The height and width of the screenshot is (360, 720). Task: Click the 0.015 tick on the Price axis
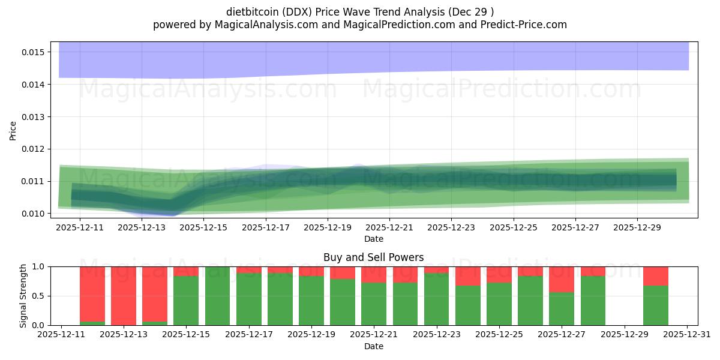[34, 52]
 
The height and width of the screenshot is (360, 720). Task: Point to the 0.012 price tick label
[34, 149]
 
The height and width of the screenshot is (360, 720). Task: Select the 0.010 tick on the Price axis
[34, 214]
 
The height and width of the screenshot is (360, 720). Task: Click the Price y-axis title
[13, 130]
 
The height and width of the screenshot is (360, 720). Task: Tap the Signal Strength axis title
[23, 296]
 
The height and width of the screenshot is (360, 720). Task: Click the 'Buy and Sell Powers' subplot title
[373, 257]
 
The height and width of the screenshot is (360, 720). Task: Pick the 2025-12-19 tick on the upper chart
[328, 228]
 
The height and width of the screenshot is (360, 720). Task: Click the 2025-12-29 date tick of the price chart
[637, 228]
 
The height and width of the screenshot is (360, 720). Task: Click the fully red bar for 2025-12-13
[124, 296]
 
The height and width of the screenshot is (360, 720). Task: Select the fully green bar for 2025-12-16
[217, 296]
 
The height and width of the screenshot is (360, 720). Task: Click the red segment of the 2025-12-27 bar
[562, 280]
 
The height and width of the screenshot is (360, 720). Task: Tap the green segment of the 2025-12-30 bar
[655, 305]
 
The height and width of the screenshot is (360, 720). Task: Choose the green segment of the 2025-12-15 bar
[186, 301]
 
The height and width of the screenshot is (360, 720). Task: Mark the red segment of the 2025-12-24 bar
[468, 276]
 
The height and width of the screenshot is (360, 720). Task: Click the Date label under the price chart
[373, 239]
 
